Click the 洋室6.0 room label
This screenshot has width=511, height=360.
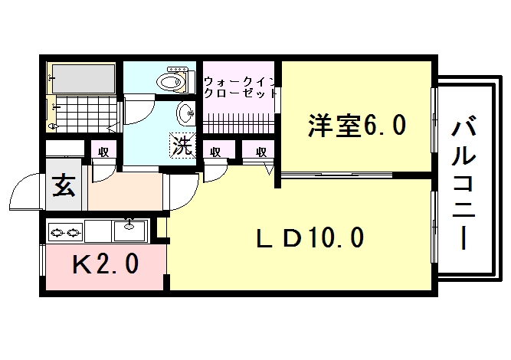pyautogui.click(x=357, y=125)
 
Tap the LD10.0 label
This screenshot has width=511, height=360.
pyautogui.click(x=310, y=237)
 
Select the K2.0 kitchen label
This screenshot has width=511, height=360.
pyautogui.click(x=106, y=263)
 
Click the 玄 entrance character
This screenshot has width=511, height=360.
pyautogui.click(x=64, y=185)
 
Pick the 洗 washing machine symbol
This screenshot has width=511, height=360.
pyautogui.click(x=182, y=146)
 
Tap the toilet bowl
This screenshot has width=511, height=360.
pyautogui.click(x=172, y=80)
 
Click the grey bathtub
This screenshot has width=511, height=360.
pyautogui.click(x=84, y=79)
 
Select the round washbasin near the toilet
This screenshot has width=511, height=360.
pyautogui.click(x=186, y=113)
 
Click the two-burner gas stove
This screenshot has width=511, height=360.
pyautogui.click(x=65, y=232)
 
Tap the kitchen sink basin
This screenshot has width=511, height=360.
pyautogui.click(x=129, y=231)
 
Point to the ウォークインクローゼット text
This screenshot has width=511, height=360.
pyautogui.click(x=240, y=87)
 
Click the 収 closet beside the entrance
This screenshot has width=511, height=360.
pyautogui.click(x=103, y=152)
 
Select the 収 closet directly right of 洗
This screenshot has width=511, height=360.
pyautogui.click(x=215, y=151)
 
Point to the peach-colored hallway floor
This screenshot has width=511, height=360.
pyautogui.click(x=126, y=191)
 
